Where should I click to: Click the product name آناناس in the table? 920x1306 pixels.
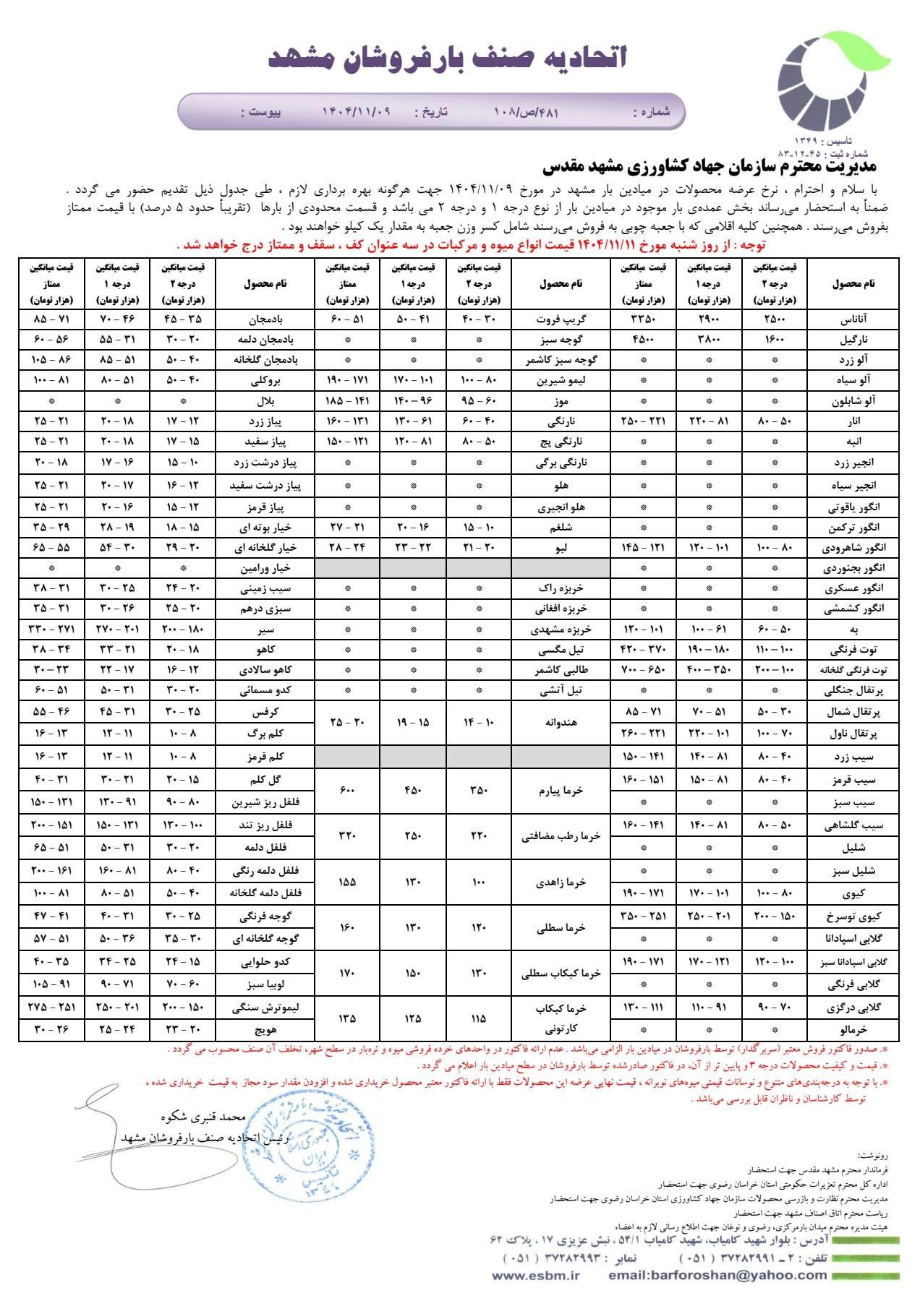(x=853, y=319)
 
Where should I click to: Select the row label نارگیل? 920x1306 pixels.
(x=853, y=339)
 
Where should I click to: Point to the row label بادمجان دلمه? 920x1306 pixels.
(x=266, y=339)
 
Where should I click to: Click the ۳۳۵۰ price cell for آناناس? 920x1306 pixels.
(x=642, y=319)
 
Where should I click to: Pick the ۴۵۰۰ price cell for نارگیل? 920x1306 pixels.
(x=642, y=339)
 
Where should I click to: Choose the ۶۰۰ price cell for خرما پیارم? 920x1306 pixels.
(x=347, y=791)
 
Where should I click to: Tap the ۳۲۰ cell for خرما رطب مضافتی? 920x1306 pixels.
(x=347, y=836)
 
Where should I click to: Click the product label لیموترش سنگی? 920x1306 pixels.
(x=266, y=1007)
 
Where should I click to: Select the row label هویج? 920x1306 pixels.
(x=266, y=1029)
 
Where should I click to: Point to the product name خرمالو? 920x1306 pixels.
(x=853, y=1029)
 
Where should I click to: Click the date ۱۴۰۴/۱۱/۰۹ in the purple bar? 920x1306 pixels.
(x=356, y=112)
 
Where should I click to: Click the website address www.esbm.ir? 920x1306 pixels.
(x=535, y=1276)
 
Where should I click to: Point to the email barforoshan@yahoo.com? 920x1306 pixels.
(x=717, y=1276)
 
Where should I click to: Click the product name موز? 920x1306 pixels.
(x=561, y=400)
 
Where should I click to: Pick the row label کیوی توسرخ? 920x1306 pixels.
(x=853, y=916)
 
